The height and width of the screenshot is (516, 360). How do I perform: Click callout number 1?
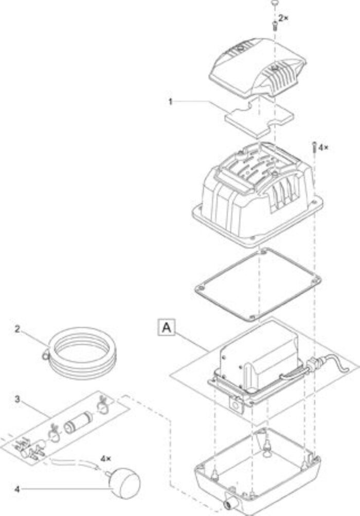[170, 102]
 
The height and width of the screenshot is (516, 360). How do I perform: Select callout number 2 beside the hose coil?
[17, 328]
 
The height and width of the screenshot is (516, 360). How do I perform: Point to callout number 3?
[17, 399]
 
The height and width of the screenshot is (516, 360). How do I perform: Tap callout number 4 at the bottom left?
[17, 489]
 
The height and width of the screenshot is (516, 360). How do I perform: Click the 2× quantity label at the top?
[283, 18]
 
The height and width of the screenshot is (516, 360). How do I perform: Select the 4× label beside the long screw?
[323, 147]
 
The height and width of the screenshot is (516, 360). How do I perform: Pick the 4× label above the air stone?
[105, 458]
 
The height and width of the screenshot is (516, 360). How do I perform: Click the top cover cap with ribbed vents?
[258, 67]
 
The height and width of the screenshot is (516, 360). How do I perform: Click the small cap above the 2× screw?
[274, 3]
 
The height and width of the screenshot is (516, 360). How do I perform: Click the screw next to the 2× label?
[275, 25]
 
